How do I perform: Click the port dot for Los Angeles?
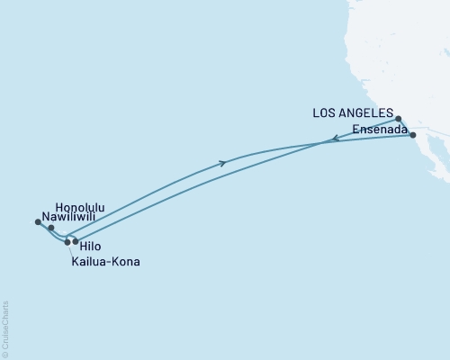(398, 118)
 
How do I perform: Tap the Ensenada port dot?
(413, 135)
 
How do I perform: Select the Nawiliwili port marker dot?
(37, 221)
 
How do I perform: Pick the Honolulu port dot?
(50, 228)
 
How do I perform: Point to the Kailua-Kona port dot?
(67, 242)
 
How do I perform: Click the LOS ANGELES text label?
(353, 114)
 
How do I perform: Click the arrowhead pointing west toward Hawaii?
(332, 139)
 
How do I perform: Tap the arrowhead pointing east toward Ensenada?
(223, 163)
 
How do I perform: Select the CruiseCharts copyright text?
(5, 329)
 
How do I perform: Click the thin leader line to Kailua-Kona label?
(70, 251)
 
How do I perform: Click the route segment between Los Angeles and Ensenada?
(406, 127)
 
